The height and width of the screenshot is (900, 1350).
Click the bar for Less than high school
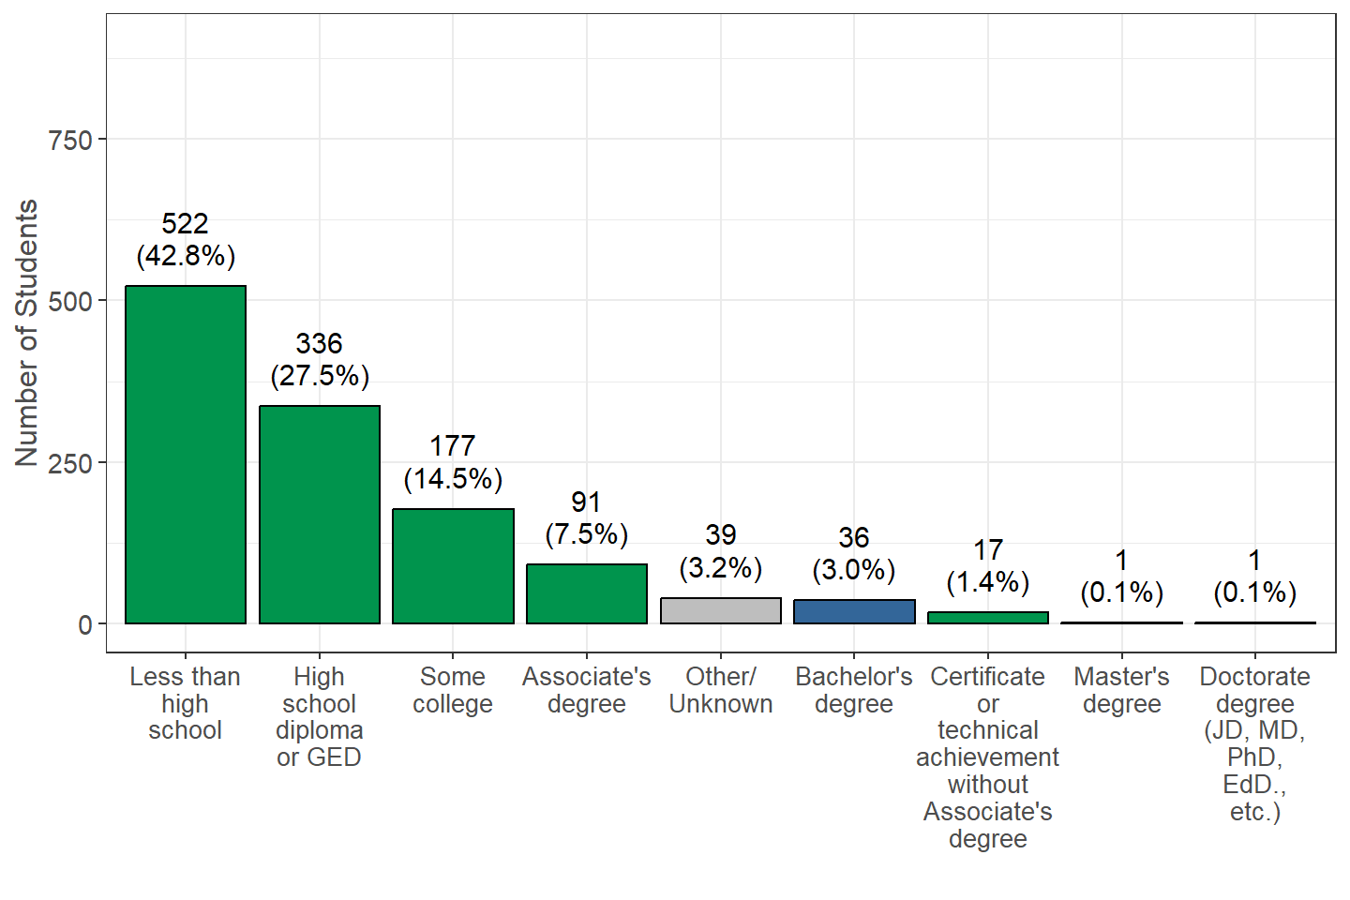tap(186, 455)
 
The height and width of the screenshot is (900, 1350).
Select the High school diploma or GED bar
tap(320, 515)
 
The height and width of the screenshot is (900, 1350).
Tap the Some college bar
tap(453, 566)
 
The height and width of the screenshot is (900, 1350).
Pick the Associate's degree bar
tap(587, 593)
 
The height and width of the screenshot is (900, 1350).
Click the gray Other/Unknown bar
tap(721, 610)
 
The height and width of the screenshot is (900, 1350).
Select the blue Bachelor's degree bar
tap(854, 612)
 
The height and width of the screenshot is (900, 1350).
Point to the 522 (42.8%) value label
tap(186, 240)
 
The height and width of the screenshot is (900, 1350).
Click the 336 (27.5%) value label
tap(320, 360)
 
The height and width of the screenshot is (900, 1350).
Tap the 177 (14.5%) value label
tap(453, 463)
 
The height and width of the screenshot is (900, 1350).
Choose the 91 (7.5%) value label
tap(587, 518)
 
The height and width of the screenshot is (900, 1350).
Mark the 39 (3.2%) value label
tap(721, 551)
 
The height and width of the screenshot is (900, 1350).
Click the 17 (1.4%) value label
tap(988, 566)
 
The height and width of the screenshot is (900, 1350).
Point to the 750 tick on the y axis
tap(70, 140)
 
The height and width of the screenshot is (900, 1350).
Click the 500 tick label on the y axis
tap(70, 302)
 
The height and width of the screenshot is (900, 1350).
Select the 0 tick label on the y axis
tap(85, 625)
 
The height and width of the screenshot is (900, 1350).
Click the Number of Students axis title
tap(26, 333)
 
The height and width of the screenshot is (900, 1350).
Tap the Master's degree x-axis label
tap(1121, 690)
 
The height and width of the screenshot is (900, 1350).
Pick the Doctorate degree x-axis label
tap(1255, 743)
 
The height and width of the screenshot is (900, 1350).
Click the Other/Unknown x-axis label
tap(721, 690)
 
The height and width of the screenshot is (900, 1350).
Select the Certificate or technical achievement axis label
tap(988, 757)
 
